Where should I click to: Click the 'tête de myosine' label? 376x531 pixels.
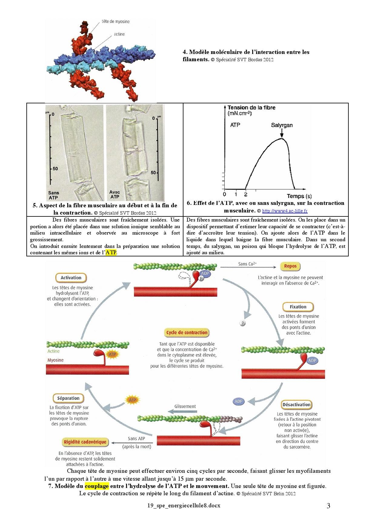pyautogui.click(x=116, y=22)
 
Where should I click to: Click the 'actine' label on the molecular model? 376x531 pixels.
pyautogui.click(x=119, y=34)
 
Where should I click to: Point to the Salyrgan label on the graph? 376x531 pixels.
pyautogui.click(x=282, y=125)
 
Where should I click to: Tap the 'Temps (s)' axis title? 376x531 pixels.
pyautogui.click(x=299, y=196)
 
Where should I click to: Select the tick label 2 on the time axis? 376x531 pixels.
pyautogui.click(x=246, y=195)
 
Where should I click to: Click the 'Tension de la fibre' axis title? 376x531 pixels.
pyautogui.click(x=251, y=108)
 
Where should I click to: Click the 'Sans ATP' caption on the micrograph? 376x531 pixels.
pyautogui.click(x=54, y=195)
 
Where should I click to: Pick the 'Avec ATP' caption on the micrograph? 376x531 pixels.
pyautogui.click(x=115, y=194)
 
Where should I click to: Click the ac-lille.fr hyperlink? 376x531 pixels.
pyautogui.click(x=285, y=211)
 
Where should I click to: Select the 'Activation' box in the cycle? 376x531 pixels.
pyautogui.click(x=71, y=278)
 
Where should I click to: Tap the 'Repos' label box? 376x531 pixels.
pyautogui.click(x=290, y=266)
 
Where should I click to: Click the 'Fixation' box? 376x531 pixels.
pyautogui.click(x=298, y=307)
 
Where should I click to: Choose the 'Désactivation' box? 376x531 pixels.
pyautogui.click(x=296, y=405)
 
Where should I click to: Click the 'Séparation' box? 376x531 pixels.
pyautogui.click(x=68, y=398)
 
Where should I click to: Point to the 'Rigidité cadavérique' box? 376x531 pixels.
pyautogui.click(x=85, y=442)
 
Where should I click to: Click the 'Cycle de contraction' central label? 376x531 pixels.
pyautogui.click(x=187, y=332)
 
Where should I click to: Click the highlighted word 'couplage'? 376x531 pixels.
pyautogui.click(x=97, y=486)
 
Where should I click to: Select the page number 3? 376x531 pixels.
pyautogui.click(x=328, y=506)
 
